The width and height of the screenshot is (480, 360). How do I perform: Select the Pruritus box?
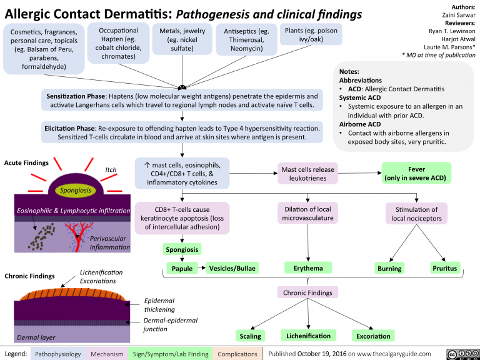pyautogui.click(x=444, y=268)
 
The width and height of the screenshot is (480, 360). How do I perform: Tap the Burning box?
pyautogui.click(x=389, y=268)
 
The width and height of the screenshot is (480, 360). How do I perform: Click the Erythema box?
pyautogui.click(x=307, y=268)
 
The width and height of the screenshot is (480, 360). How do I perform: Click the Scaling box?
pyautogui.click(x=250, y=336)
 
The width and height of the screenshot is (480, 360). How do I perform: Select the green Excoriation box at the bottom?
pyautogui.click(x=373, y=336)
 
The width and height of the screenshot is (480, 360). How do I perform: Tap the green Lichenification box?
pyautogui.click(x=308, y=336)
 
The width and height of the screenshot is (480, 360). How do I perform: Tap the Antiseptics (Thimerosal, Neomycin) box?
pyautogui.click(x=246, y=39)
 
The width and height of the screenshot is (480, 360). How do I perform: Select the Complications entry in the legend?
pyautogui.click(x=237, y=354)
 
